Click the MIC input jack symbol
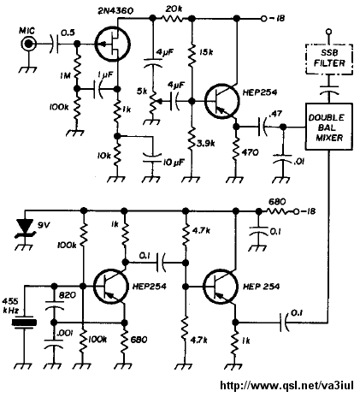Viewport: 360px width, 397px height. tap(28, 44)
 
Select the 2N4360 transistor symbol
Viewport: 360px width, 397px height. tap(112, 44)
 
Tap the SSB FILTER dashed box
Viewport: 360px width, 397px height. tap(329, 59)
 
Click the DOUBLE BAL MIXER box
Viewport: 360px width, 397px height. tap(329, 127)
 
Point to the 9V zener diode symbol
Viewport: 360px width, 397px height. tap(26, 228)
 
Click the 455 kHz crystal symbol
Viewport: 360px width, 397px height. tap(25, 323)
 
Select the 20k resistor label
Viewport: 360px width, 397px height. tap(174, 9)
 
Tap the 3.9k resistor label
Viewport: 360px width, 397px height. tap(205, 143)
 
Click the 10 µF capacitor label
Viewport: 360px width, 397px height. tap(174, 163)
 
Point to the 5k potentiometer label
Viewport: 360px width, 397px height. tap(143, 92)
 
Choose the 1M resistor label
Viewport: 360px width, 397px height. tap(65, 75)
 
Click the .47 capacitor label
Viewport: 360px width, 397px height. tap(275, 114)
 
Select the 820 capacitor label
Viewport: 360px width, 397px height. tap(67, 295)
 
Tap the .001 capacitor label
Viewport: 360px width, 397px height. tap(66, 333)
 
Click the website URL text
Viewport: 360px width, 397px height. tap(286, 386)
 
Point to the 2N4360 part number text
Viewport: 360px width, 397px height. tap(115, 11)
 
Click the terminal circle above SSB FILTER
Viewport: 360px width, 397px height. tap(329, 31)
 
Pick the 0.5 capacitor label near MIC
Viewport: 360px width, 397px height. tap(68, 33)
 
